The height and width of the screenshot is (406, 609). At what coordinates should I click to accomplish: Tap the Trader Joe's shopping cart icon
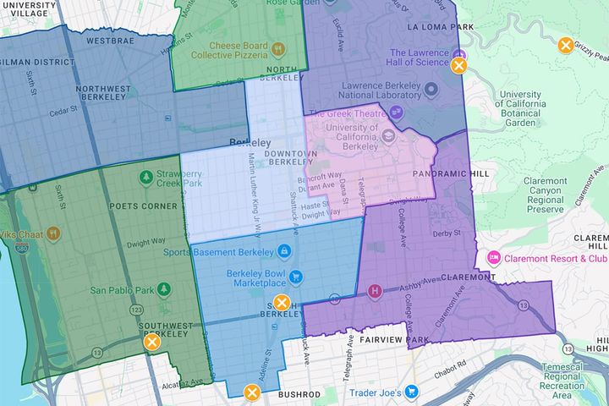point(411,391)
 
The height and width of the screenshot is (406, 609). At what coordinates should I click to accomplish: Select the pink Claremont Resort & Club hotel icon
point(492,258)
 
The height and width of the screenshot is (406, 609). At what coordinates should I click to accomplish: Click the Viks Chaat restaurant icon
point(53,231)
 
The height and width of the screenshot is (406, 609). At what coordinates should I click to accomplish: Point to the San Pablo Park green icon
point(164,288)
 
